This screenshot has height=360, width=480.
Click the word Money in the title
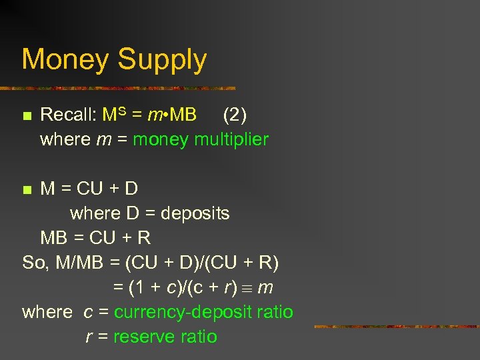tap(65, 59)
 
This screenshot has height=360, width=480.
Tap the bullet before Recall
tap(27, 117)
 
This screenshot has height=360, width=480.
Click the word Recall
tap(68, 115)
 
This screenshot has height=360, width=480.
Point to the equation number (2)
tap(235, 115)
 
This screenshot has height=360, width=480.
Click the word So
tap(33, 263)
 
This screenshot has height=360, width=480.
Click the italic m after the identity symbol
tap(265, 288)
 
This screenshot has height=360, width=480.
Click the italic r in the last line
tap(89, 337)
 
